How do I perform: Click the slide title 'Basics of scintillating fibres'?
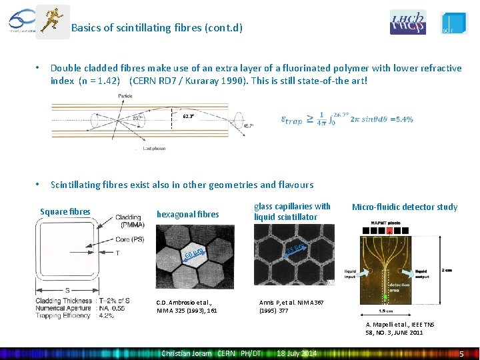(x=157, y=28)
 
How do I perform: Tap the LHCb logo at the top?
(x=407, y=22)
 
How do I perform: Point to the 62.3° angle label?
(x=189, y=117)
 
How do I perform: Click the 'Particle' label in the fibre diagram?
(x=125, y=97)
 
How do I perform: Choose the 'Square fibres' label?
(x=65, y=212)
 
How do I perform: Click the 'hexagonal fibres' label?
(x=187, y=214)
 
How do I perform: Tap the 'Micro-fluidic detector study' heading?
(x=405, y=207)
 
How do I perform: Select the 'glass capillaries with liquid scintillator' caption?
(x=292, y=211)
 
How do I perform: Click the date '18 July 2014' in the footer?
(x=297, y=353)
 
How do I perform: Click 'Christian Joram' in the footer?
(x=187, y=353)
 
